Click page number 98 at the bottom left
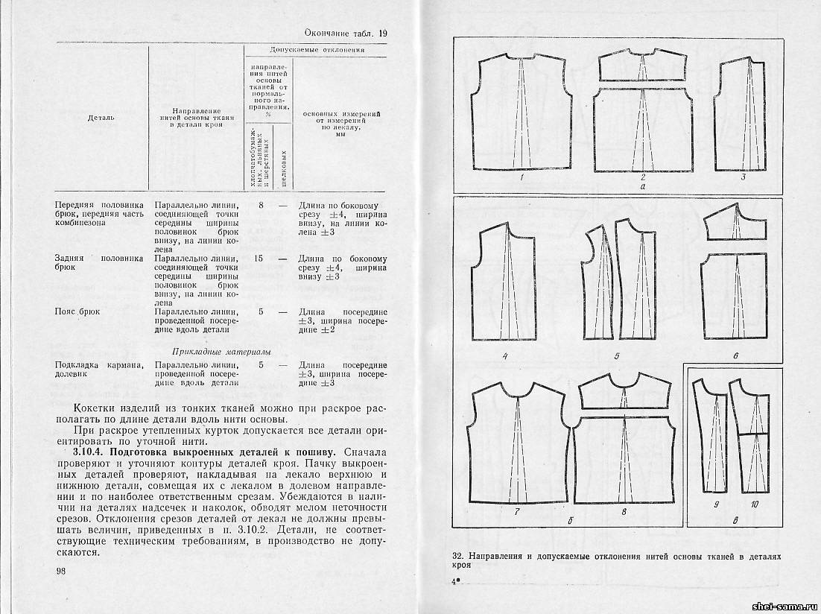(x=61, y=571)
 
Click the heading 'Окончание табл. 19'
(x=347, y=33)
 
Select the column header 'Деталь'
(x=101, y=117)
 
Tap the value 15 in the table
(x=259, y=259)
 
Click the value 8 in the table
(x=260, y=204)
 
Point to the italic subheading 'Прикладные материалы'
(x=221, y=351)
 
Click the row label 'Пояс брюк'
(x=77, y=311)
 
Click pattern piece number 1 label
(x=522, y=177)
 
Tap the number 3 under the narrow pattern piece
(x=743, y=177)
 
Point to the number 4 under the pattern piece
(x=505, y=355)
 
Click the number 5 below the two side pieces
(x=617, y=355)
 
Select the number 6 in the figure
(x=735, y=355)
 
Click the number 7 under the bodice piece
(x=516, y=511)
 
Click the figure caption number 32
(x=458, y=557)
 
